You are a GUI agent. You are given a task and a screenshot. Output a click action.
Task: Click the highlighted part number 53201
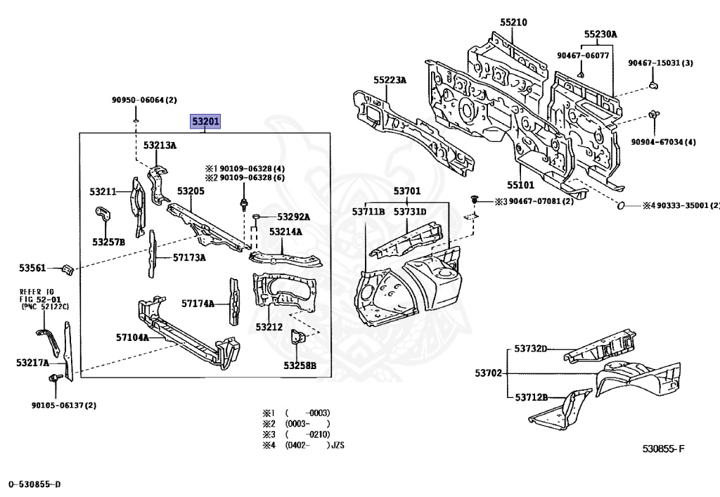pos(206,122)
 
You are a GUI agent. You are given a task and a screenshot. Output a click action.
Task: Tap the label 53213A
pos(160,146)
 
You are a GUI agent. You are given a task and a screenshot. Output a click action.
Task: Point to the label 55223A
pos(390,80)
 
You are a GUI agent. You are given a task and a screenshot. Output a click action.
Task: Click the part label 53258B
pos(300,365)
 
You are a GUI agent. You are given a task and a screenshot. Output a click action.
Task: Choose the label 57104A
pos(132,337)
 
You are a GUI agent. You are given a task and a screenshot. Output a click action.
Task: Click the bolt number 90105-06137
pos(63,405)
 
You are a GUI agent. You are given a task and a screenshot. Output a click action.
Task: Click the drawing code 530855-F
pos(662,448)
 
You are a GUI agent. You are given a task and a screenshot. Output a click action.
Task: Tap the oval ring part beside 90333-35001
pos(621,205)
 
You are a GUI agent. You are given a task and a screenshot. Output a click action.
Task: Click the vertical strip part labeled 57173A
pos(150,256)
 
